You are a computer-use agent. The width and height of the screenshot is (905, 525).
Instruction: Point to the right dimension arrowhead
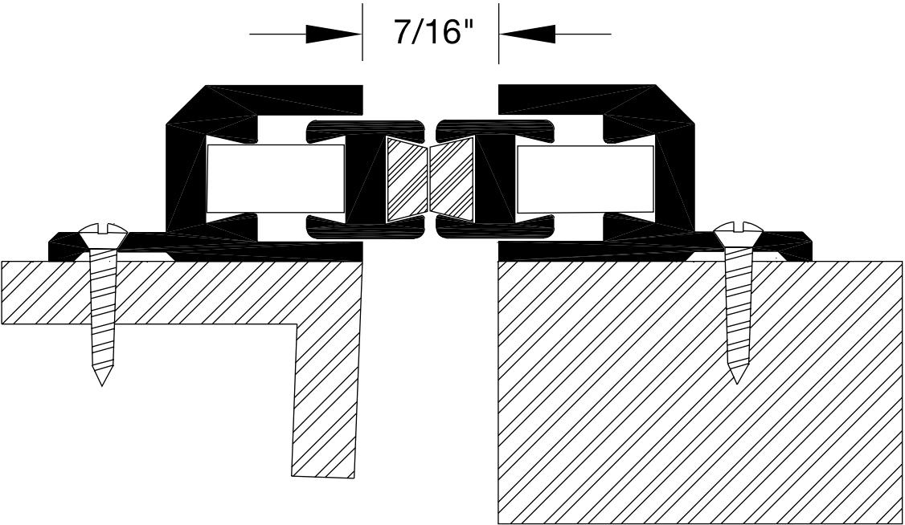tap(527, 34)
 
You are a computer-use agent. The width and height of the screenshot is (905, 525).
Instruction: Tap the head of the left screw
tap(102, 235)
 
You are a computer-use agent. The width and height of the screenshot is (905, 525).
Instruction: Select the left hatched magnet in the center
tap(405, 180)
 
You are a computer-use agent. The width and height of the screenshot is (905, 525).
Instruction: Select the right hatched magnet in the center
tap(452, 180)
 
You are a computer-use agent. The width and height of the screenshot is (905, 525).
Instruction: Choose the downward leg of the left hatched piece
tap(326, 401)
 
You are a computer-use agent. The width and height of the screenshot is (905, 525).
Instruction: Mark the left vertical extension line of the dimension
tap(362, 32)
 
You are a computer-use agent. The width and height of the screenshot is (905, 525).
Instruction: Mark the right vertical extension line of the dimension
tap(498, 32)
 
